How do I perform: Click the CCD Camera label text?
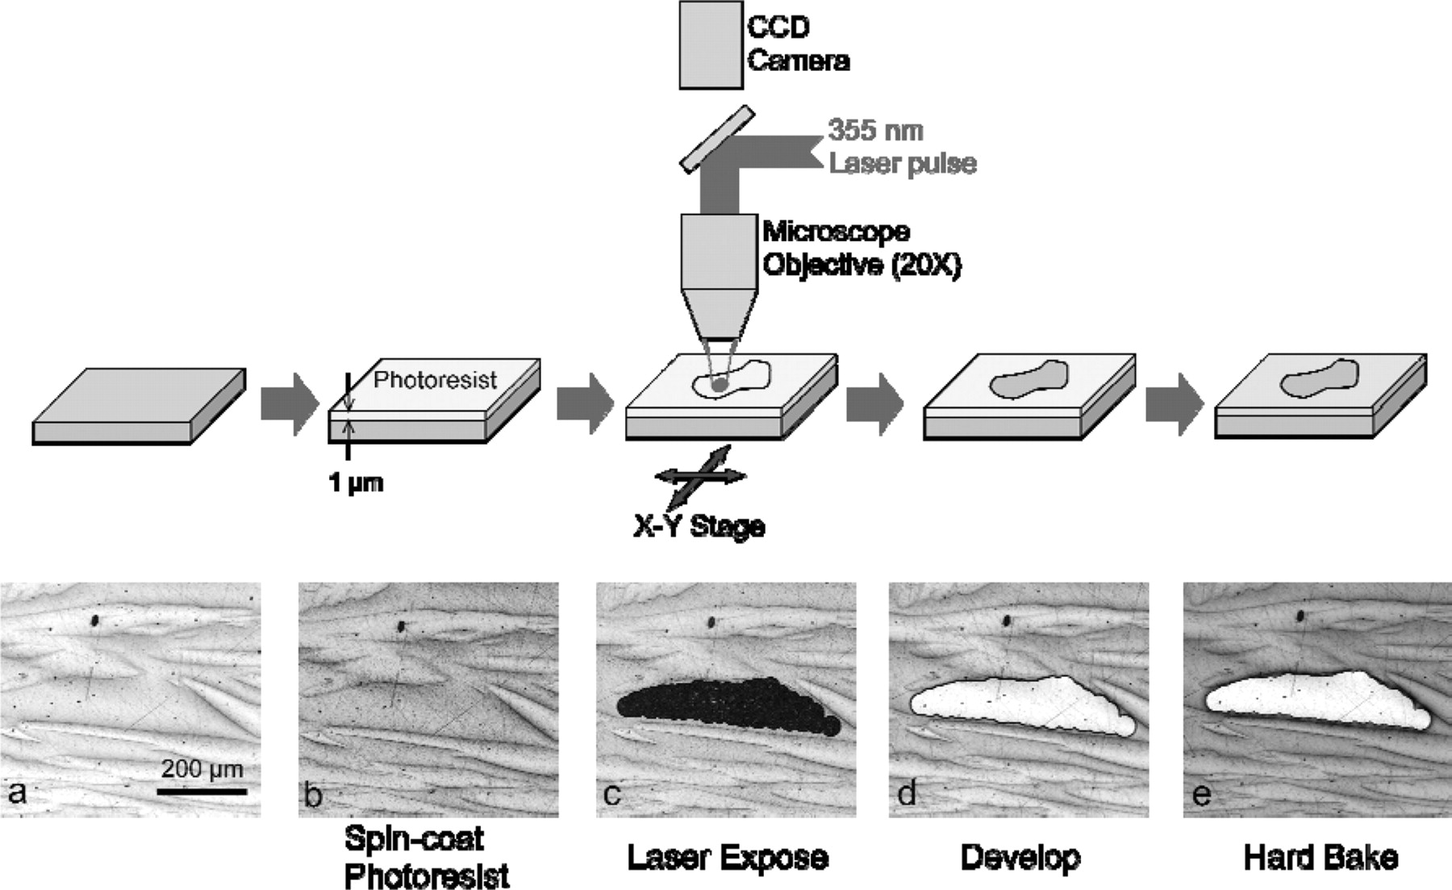tap(797, 44)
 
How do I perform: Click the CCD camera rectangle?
tap(710, 44)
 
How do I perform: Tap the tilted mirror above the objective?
tap(717, 139)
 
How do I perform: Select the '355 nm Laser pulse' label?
tap(902, 147)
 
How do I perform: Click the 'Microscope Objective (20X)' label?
tap(861, 249)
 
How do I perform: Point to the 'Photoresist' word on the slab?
tap(435, 379)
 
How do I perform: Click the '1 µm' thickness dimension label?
tap(356, 483)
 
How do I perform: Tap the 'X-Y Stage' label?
tap(699, 526)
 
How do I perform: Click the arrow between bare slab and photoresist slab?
tap(289, 403)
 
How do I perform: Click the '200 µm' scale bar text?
tap(202, 768)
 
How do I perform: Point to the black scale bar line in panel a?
tap(202, 792)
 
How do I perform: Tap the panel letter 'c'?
tap(612, 794)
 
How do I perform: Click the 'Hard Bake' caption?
tap(1320, 857)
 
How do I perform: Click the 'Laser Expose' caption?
tap(728, 857)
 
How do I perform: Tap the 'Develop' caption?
tap(1020, 857)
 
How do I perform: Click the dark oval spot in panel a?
tap(95, 620)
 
